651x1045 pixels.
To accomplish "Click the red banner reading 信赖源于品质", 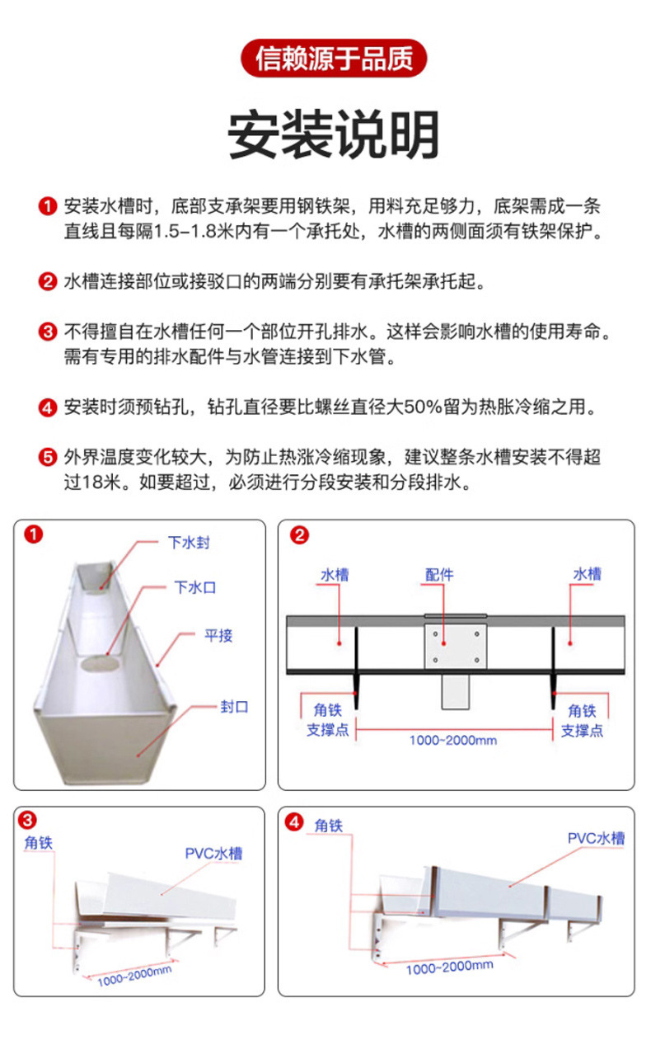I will click(x=334, y=59).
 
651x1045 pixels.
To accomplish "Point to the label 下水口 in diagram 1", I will click(x=195, y=588).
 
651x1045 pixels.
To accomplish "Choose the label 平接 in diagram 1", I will click(x=218, y=635).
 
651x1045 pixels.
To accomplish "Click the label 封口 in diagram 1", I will click(x=234, y=707).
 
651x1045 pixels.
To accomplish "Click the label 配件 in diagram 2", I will click(x=439, y=574).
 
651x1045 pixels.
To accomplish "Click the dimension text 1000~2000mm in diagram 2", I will click(x=453, y=740).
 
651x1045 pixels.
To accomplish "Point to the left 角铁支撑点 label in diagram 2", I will click(x=328, y=720).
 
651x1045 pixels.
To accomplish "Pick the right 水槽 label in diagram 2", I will click(x=587, y=574).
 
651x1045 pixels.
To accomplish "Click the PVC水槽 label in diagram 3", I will click(x=213, y=854).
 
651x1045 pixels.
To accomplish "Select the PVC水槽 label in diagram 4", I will click(x=596, y=838).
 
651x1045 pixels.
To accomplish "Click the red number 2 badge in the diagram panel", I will click(x=300, y=535).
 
